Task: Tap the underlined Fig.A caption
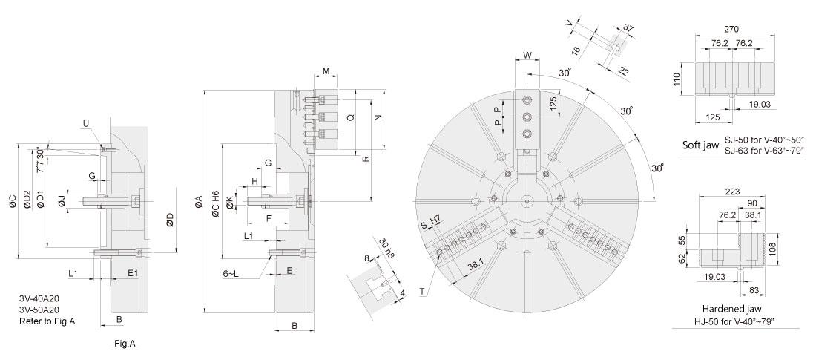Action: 125,344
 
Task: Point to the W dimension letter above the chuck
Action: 527,55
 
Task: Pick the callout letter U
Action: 85,123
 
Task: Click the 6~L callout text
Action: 231,273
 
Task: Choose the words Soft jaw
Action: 700,145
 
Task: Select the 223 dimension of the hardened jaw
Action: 731,192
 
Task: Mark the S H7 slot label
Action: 431,223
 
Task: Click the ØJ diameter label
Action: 62,200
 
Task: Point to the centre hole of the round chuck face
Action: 527,201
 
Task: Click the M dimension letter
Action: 326,71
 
